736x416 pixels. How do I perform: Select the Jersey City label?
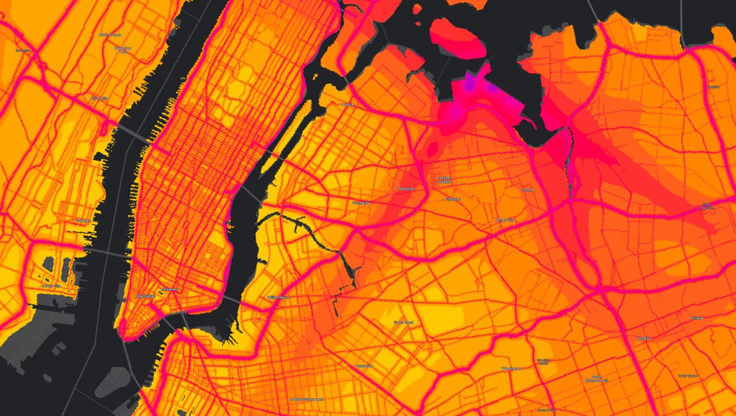pos(51,286)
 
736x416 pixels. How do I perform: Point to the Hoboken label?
pos(83,220)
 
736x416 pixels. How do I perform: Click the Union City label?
pos(99,98)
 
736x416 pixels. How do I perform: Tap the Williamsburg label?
pos(278,297)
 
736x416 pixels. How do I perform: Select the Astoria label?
pos(348,105)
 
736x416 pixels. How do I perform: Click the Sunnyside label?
pos(361,202)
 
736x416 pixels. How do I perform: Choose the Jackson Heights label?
pos(445,180)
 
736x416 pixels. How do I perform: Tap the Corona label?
pos(527,190)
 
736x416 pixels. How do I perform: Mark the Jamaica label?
pos(643,338)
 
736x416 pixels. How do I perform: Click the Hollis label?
pos(697,318)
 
